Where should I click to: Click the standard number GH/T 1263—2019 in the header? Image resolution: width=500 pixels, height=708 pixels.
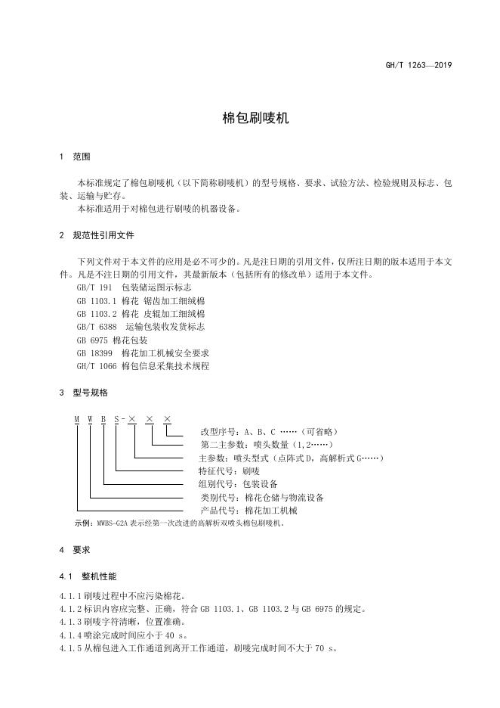coord(418,65)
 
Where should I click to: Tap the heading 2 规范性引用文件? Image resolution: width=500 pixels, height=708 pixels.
coord(97,235)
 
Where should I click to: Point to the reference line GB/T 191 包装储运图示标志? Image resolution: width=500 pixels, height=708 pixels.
coord(134,287)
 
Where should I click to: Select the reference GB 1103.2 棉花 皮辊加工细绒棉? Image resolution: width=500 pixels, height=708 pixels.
coord(140,313)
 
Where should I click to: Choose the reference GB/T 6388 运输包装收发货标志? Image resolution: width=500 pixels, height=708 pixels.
coord(140,326)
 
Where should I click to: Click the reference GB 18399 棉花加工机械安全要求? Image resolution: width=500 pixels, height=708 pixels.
coord(143,352)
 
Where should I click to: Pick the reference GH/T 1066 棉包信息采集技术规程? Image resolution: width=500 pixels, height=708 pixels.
coord(143,365)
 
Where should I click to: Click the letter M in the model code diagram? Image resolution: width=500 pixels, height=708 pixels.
coord(76,419)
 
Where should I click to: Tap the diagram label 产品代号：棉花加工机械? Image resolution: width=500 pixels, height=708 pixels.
coord(249,511)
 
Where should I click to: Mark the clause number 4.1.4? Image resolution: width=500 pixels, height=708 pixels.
coord(70,635)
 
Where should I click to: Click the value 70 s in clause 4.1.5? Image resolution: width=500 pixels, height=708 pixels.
coord(324,648)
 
